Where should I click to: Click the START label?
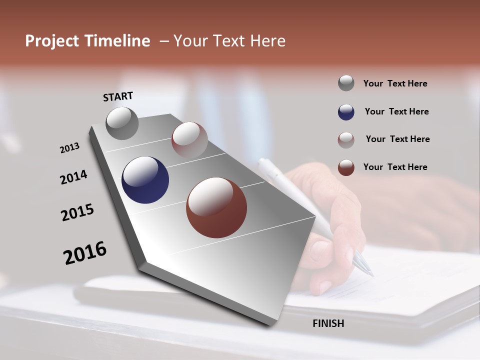click(x=118, y=96)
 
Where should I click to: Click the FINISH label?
click(x=328, y=323)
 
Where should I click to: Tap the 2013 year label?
click(x=69, y=148)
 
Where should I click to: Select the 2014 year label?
click(x=73, y=177)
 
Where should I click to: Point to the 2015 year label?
click(x=77, y=212)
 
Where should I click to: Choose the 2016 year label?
click(x=85, y=253)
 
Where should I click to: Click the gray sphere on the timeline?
click(x=122, y=123)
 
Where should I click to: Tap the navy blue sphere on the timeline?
click(x=145, y=180)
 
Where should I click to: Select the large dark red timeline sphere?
click(x=216, y=207)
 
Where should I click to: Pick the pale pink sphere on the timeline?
click(x=189, y=139)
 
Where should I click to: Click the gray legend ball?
click(x=346, y=83)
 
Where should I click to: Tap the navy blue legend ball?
click(x=346, y=112)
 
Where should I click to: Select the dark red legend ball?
click(x=346, y=167)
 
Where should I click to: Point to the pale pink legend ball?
click(x=346, y=140)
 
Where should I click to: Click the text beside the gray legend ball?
click(x=395, y=83)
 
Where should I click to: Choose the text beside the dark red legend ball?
click(x=395, y=167)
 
